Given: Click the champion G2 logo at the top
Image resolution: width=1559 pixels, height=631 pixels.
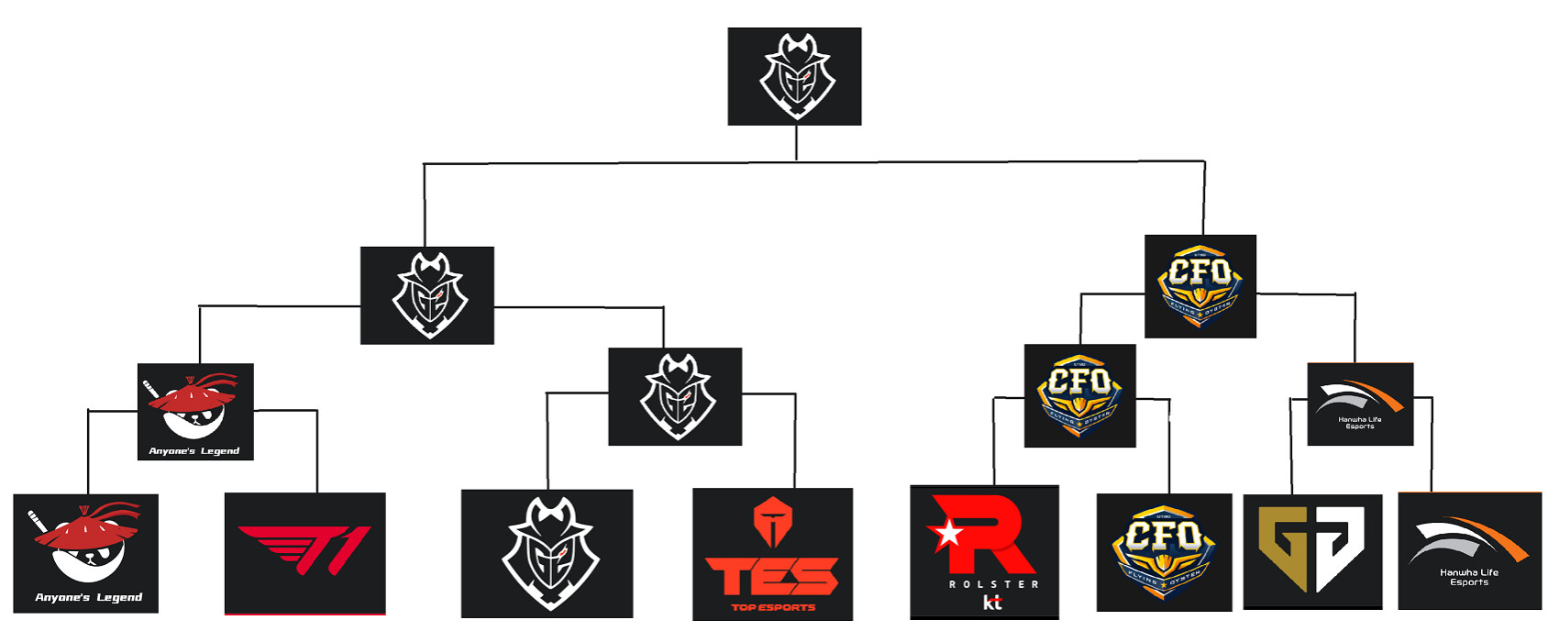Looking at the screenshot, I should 794,76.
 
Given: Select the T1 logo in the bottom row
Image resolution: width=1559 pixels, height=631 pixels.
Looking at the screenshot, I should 304,553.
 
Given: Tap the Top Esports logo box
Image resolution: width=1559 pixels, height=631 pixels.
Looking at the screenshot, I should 772,554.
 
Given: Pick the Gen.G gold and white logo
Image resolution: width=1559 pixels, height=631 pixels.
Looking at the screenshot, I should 1311,551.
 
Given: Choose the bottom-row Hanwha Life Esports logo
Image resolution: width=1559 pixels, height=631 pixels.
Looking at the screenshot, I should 1469,550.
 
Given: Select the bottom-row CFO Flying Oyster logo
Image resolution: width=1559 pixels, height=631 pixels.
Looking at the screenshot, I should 1164,551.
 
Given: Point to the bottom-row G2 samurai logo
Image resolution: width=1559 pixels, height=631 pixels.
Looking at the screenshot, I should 547,553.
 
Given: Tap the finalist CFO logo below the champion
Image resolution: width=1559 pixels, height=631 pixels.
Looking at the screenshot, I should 1200,285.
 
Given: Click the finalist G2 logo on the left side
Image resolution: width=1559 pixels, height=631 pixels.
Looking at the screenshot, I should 426,295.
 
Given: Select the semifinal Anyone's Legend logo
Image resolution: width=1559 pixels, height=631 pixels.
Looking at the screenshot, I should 195,412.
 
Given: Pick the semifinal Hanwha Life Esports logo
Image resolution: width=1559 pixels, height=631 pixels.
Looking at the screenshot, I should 1359,404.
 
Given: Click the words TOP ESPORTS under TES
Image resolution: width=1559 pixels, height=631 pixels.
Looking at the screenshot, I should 773,607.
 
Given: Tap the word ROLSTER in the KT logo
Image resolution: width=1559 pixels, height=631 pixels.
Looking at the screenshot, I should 993,584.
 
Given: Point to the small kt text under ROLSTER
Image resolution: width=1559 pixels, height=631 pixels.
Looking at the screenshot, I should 992,603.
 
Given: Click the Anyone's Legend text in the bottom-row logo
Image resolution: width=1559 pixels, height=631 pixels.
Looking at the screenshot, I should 88,597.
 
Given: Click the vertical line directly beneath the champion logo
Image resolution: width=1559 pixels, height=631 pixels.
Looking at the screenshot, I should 796,143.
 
